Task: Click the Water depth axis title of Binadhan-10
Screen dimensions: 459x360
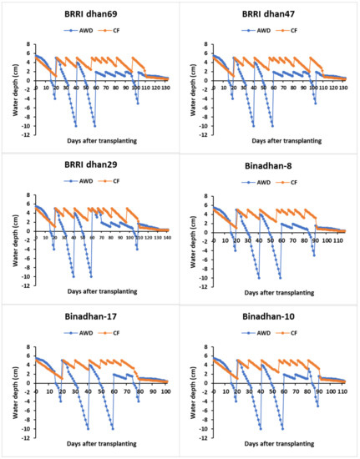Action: click(191, 384)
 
